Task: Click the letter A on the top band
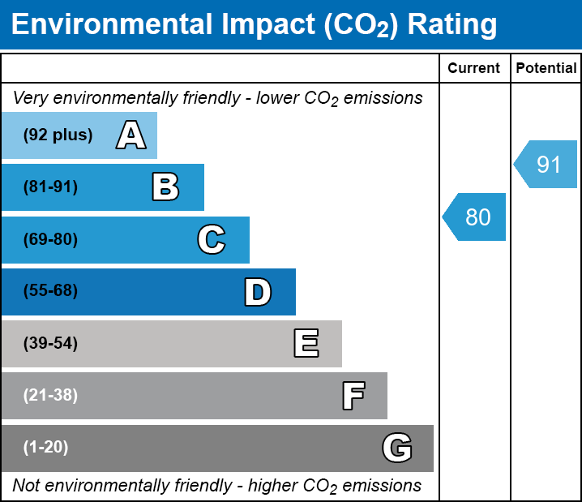click(x=131, y=135)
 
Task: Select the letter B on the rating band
click(x=165, y=187)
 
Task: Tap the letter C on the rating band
click(x=211, y=240)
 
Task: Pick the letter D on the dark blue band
click(x=258, y=292)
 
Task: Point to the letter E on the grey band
click(x=306, y=344)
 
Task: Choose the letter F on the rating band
click(x=353, y=396)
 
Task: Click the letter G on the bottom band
click(x=397, y=448)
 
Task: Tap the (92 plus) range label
click(x=58, y=135)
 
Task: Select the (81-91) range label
click(x=50, y=187)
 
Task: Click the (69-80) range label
click(x=50, y=240)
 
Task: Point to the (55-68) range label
click(x=50, y=291)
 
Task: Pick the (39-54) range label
click(x=50, y=344)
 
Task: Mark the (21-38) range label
click(x=50, y=396)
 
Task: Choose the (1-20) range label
click(x=46, y=448)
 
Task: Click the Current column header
click(x=474, y=69)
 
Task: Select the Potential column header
click(x=546, y=69)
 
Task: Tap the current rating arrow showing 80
click(x=476, y=217)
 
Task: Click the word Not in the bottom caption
click(x=27, y=486)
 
